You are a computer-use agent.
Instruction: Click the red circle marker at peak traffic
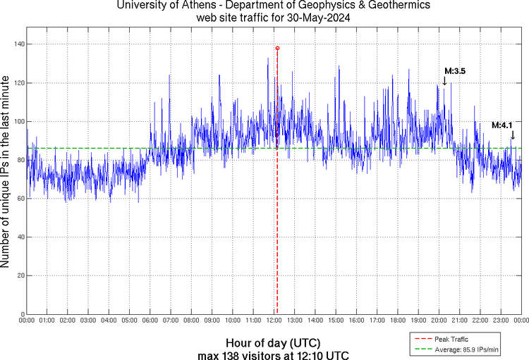point(277,48)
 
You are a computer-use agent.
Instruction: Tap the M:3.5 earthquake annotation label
point(455,71)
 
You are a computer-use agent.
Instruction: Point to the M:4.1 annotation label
point(502,125)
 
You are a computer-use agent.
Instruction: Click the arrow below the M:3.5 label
point(444,81)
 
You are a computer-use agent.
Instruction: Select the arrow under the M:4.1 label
point(513,135)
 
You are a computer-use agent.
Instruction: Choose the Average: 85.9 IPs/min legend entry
point(466,349)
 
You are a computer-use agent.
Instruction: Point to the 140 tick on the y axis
point(18,44)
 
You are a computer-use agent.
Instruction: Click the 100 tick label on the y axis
point(18,122)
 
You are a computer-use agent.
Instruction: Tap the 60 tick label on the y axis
point(20,199)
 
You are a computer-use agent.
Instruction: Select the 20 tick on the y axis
point(20,275)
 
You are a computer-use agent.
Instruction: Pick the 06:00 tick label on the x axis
point(150,321)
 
